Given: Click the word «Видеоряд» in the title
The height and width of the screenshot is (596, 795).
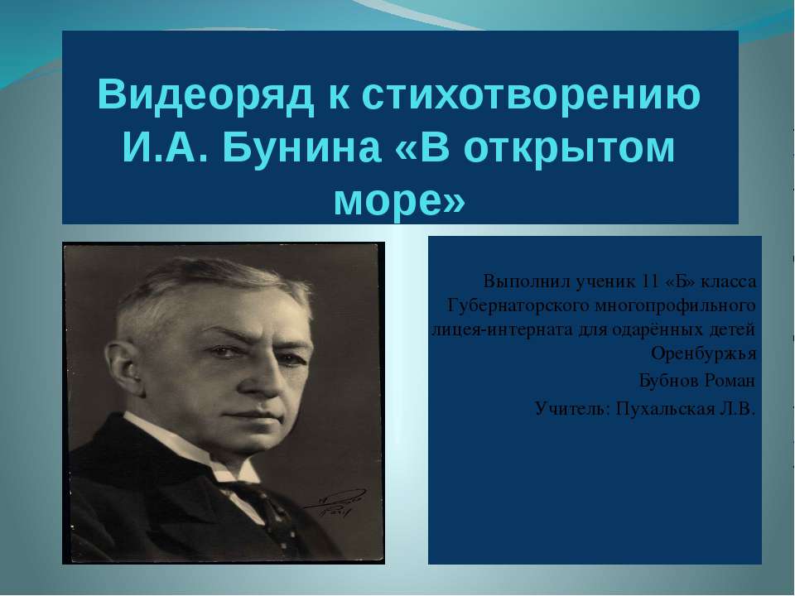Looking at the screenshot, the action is pyautogui.click(x=205, y=94).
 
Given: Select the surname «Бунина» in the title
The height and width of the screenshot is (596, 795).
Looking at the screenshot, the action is pyautogui.click(x=301, y=148).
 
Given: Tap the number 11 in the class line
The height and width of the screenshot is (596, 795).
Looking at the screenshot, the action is pyautogui.click(x=650, y=281).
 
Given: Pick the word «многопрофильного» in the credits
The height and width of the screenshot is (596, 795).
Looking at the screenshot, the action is pyautogui.click(x=675, y=306).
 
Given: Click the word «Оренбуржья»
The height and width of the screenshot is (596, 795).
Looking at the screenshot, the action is pyautogui.click(x=703, y=353).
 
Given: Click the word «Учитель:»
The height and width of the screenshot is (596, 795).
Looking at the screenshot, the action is pyautogui.click(x=572, y=408).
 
